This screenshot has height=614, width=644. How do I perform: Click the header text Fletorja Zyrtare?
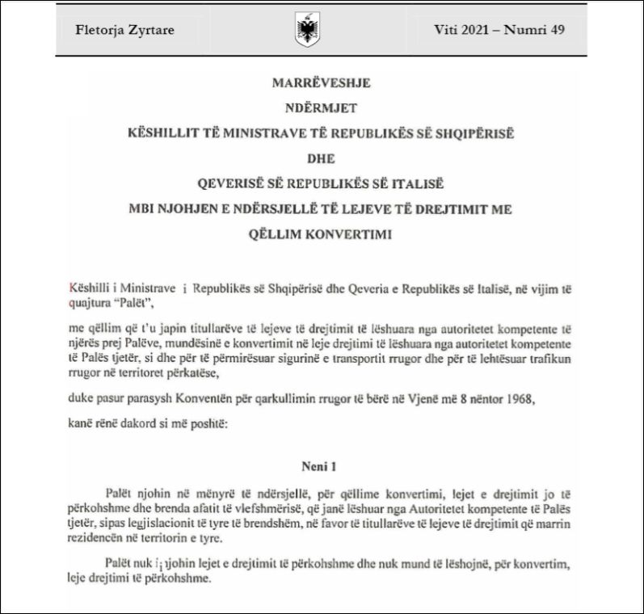(x=124, y=32)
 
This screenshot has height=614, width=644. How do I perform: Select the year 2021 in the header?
(x=472, y=31)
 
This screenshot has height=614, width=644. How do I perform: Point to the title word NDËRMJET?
(x=321, y=107)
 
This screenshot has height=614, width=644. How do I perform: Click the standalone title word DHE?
(x=321, y=158)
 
